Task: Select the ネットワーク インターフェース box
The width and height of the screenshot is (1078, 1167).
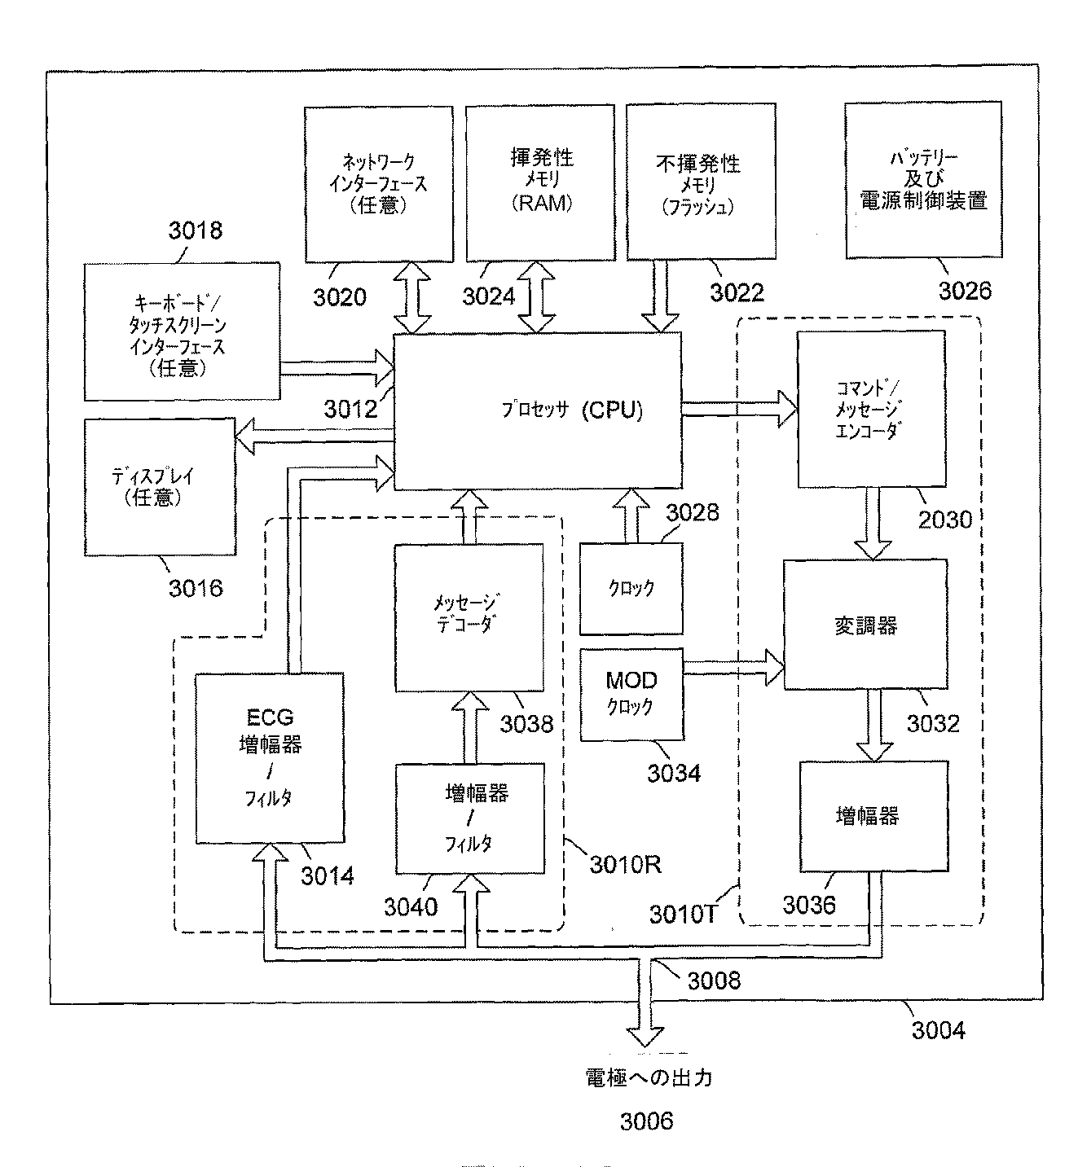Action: click(378, 184)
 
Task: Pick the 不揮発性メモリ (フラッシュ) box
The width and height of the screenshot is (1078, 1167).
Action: click(698, 184)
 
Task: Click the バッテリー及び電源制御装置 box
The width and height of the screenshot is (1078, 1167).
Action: click(923, 179)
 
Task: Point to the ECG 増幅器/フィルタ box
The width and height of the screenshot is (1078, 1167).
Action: click(270, 757)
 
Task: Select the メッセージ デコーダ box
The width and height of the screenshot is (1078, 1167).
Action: click(469, 617)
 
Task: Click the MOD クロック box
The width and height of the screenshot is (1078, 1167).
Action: click(631, 694)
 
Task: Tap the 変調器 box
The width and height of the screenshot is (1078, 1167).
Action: click(865, 625)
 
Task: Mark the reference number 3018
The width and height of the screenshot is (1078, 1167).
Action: click(196, 230)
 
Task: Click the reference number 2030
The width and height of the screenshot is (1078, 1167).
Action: click(945, 520)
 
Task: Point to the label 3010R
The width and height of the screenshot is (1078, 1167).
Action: click(625, 864)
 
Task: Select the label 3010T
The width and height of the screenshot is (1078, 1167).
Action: click(683, 915)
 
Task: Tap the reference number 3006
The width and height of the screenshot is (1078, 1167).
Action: click(646, 1121)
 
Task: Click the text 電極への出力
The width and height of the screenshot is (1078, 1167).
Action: click(649, 1077)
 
